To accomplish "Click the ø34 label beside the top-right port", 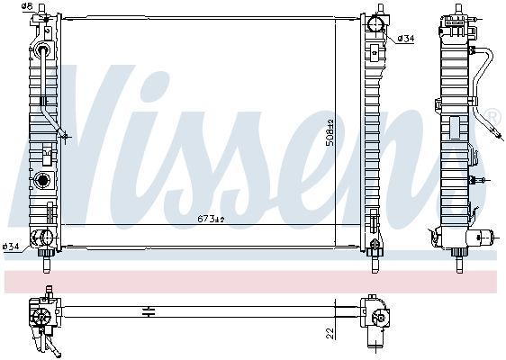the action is pyautogui.click(x=406, y=39).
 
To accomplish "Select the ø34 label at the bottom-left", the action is pyautogui.click(x=11, y=247).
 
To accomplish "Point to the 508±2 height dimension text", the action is pyautogui.click(x=330, y=133).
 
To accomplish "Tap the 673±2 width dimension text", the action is pyautogui.click(x=211, y=220).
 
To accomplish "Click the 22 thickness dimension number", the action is pyautogui.click(x=330, y=333).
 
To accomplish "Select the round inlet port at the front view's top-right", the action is pyautogui.click(x=375, y=23).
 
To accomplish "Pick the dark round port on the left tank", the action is pyautogui.click(x=42, y=180).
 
